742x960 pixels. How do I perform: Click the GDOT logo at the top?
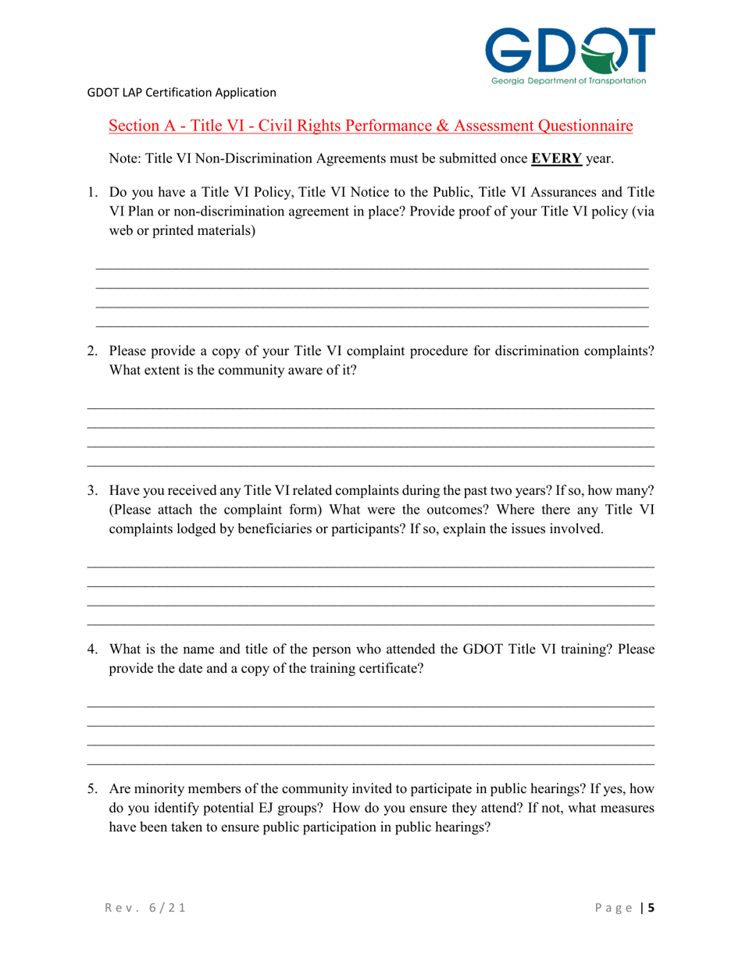569,49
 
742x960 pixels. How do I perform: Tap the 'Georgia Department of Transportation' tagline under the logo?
569,80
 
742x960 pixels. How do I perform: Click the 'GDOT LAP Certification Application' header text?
181,93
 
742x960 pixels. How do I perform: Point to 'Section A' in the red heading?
142,125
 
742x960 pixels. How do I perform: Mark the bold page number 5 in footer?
651,908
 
